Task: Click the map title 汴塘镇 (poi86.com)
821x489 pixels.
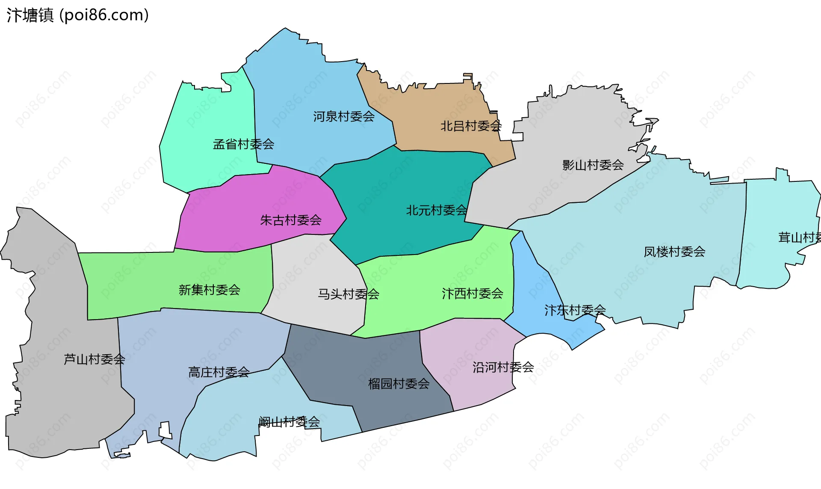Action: coord(77,15)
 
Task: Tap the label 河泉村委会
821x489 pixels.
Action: coord(344,116)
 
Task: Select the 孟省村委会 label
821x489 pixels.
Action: coord(243,144)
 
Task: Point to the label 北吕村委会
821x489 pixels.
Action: coord(471,126)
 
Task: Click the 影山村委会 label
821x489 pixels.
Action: coord(593,165)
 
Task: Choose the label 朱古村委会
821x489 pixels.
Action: coord(291,220)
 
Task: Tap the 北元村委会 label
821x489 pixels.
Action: coord(436,210)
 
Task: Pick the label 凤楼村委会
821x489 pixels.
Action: coord(674,252)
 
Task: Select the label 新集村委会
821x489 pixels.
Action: coord(209,290)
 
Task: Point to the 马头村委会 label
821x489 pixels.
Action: coord(348,294)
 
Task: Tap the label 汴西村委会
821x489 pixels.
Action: coord(472,293)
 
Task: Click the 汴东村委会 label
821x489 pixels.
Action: coord(575,310)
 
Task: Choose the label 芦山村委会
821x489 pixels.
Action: coord(94,359)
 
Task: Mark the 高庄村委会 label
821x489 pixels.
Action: coord(219,372)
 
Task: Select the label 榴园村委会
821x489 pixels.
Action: coord(399,384)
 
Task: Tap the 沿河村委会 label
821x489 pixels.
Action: coord(503,367)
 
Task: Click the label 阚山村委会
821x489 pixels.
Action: coord(289,422)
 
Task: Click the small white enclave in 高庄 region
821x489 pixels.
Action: coord(165,430)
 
